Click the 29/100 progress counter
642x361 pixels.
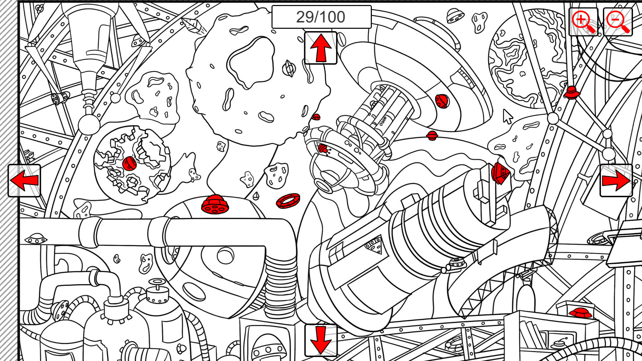coord(321,17)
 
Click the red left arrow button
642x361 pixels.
coord(24,180)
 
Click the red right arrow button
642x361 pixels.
coord(616,180)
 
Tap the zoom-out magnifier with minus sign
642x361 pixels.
coord(618,22)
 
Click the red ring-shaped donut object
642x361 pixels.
coord(288,201)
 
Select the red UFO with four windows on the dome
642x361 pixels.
coord(215,204)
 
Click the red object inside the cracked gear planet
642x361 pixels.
coord(129,163)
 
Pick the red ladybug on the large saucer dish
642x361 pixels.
coord(442,101)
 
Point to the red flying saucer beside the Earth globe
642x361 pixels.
coord(571,92)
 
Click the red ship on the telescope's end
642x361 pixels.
coord(500,173)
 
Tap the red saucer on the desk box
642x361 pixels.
coord(580,313)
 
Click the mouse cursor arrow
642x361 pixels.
coord(507,116)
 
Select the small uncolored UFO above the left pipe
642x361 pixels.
coord(36,238)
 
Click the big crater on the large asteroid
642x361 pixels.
coord(251,62)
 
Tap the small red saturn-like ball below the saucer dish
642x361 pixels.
coord(432,135)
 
